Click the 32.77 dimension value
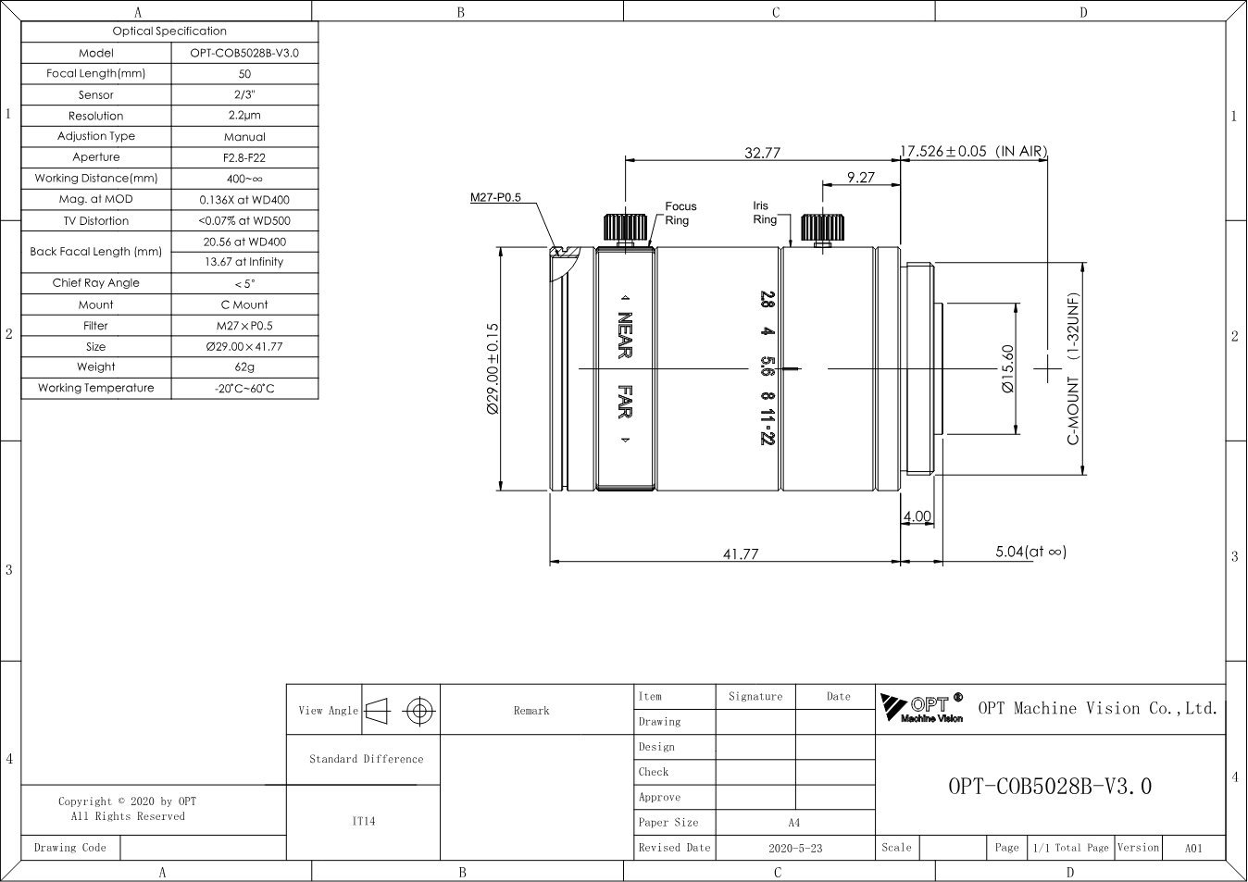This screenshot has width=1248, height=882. pos(762,153)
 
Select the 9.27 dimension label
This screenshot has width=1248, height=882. pos(861,177)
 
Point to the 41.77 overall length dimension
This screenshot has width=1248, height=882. pos(741,554)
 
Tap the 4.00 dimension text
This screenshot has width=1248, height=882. pos(917,516)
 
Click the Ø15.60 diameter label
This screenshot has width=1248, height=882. pos(1007,368)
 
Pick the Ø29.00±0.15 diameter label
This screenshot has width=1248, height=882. pos(493,368)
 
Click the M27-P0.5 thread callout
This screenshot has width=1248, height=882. pos(495,197)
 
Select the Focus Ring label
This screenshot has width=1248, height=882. pos(680,213)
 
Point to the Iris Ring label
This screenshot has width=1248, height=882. pos(765,213)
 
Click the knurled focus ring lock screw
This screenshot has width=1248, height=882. pos(625,229)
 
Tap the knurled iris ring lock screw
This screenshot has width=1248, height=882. pos(822,229)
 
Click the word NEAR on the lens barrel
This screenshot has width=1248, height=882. pos(625,335)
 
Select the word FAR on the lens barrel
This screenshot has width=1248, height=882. pos(625,402)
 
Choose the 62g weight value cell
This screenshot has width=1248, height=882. pos(244,366)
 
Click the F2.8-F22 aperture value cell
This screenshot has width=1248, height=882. pos(244,157)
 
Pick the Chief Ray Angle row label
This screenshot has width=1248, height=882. pos(96,283)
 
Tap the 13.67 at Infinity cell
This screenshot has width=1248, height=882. pos(244,262)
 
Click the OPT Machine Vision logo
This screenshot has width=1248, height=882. pos(922,708)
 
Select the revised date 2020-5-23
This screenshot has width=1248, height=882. pos(795,848)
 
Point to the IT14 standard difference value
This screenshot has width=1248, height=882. pos(363,821)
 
